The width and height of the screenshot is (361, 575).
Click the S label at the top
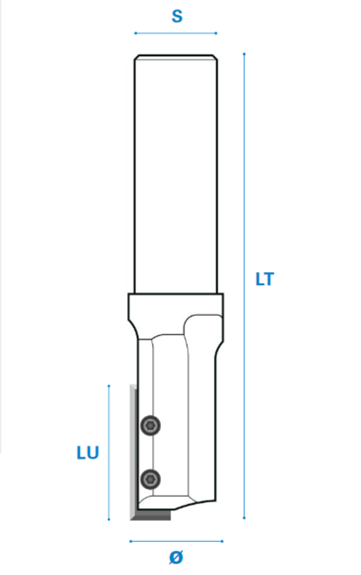coord(177,17)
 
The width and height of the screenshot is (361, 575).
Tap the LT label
coord(265,279)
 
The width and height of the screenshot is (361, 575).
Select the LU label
coord(88,453)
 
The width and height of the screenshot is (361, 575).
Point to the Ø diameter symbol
coord(176,557)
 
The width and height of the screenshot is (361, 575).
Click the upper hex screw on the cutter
coord(150,425)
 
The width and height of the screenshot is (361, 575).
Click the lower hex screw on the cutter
coord(150,479)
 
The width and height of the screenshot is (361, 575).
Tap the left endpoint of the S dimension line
coord(136,34)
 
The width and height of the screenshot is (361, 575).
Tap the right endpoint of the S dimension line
coord(216,34)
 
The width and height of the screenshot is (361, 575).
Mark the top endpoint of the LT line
coord(244,54)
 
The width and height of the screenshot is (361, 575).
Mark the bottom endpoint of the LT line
coord(244,518)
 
